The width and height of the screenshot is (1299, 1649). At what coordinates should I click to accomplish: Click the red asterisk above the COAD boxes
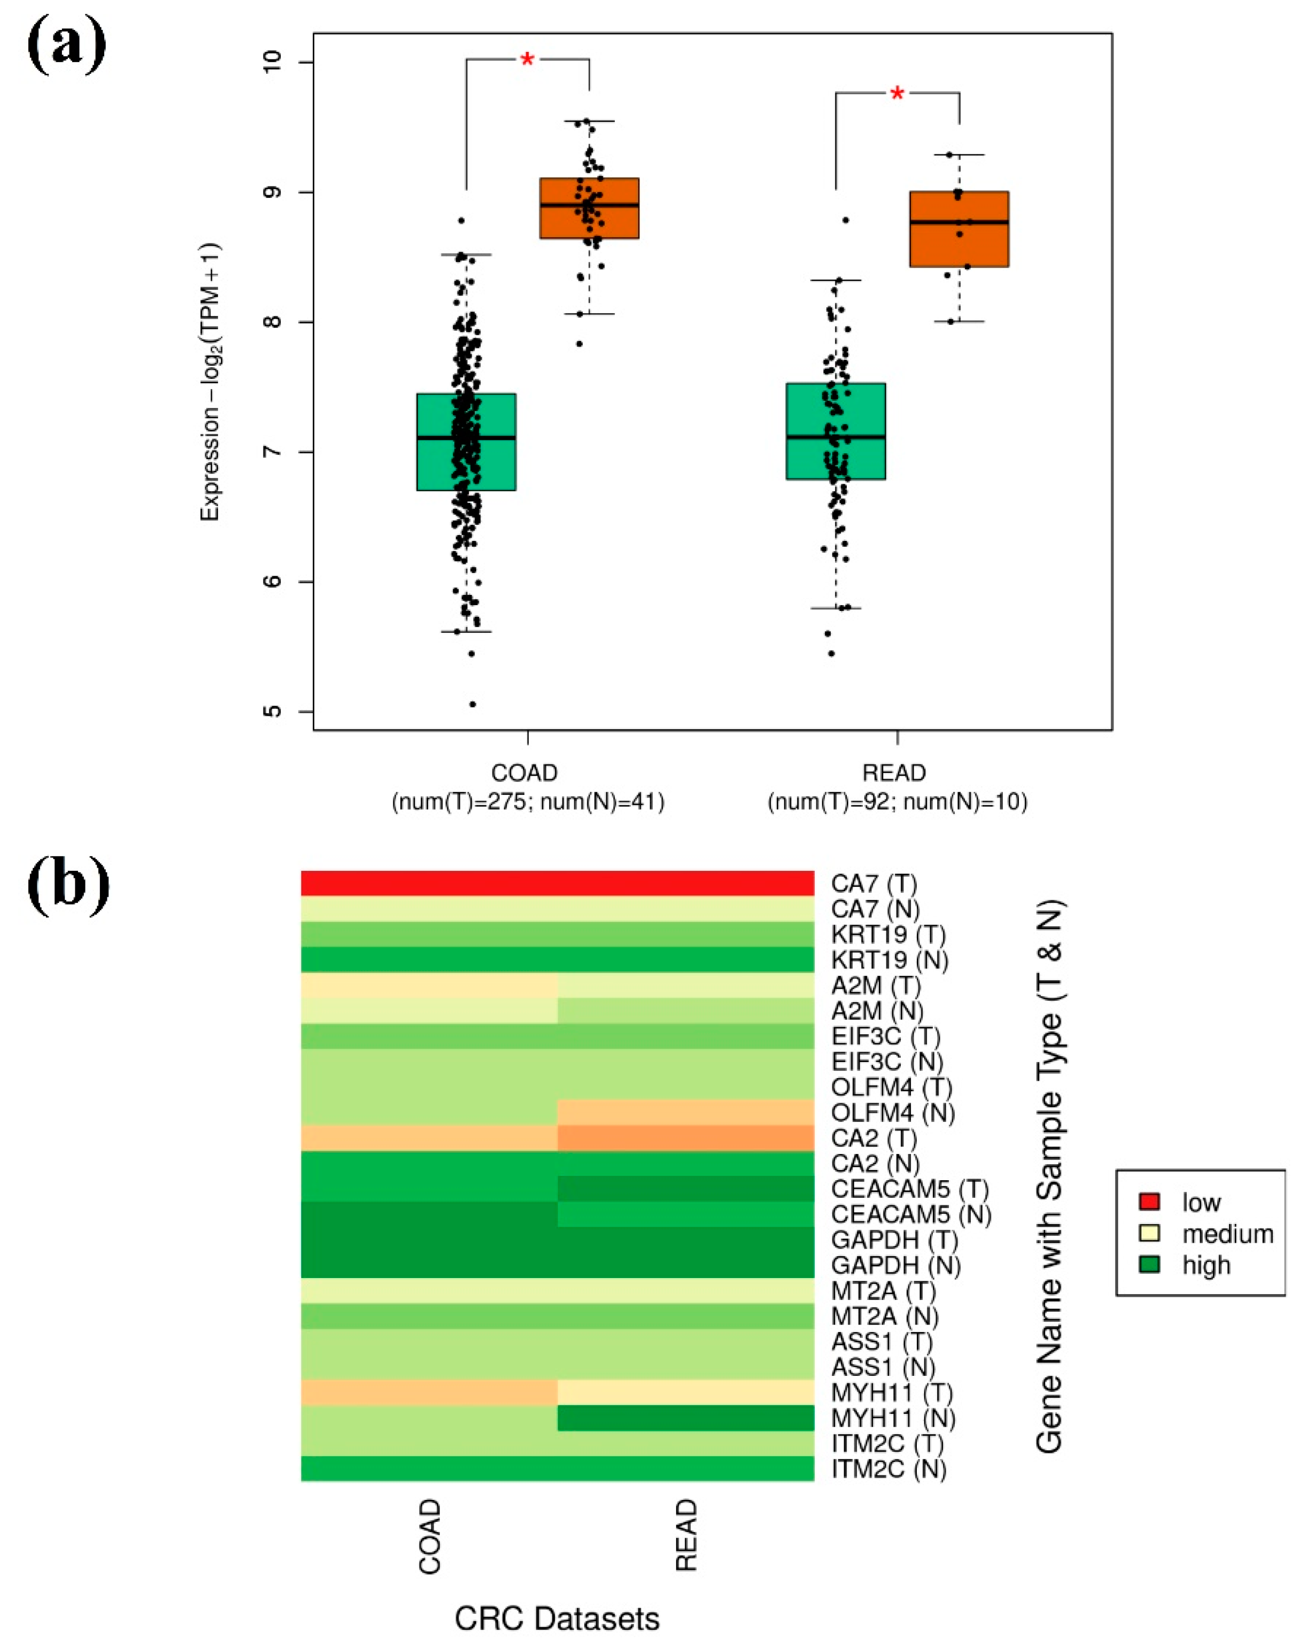[527, 59]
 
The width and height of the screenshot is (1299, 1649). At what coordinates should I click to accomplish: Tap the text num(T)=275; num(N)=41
[528, 801]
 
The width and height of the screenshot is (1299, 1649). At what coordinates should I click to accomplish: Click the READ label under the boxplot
[894, 772]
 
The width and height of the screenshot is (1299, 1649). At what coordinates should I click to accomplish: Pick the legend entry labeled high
[1205, 1265]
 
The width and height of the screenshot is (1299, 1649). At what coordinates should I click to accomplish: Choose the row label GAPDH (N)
[895, 1266]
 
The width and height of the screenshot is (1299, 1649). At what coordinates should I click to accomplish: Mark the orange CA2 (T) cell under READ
[685, 1138]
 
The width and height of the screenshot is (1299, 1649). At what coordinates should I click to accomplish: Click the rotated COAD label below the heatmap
[430, 1536]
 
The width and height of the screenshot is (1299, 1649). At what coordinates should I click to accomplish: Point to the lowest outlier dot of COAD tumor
[473, 704]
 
